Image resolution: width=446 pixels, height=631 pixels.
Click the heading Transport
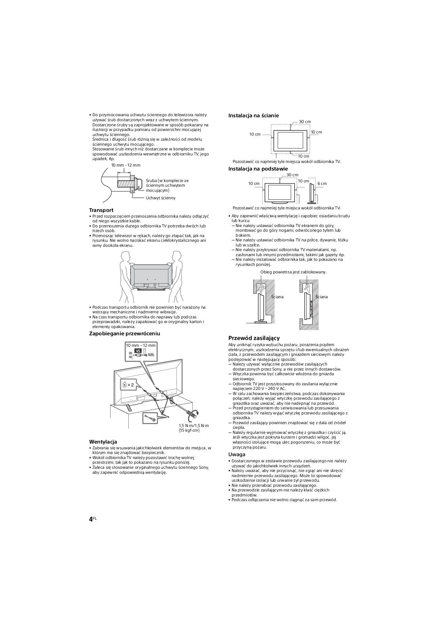[x=101, y=210]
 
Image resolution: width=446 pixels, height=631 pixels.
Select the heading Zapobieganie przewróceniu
[x=124, y=333]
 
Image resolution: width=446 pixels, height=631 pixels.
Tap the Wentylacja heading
[x=103, y=442]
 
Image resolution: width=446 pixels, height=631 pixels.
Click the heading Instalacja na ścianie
[x=254, y=115]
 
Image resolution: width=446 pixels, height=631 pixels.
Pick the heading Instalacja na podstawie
[x=258, y=169]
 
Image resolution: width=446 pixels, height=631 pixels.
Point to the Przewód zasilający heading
[x=254, y=338]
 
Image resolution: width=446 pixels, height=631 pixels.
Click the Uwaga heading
[x=237, y=454]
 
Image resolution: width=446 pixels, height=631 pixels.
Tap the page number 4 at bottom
[x=91, y=519]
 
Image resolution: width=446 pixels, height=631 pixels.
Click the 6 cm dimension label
[x=322, y=183]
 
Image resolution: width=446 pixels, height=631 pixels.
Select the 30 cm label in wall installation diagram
[x=305, y=122]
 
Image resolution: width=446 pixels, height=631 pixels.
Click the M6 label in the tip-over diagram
[x=151, y=355]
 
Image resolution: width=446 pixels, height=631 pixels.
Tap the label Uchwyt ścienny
[x=160, y=198]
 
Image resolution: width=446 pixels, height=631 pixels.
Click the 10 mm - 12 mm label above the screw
[x=126, y=165]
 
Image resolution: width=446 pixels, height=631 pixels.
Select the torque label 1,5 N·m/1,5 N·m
[x=194, y=426]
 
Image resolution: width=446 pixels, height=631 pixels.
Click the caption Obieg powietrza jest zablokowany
[x=293, y=272]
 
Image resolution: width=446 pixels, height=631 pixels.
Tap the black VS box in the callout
[x=138, y=351]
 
